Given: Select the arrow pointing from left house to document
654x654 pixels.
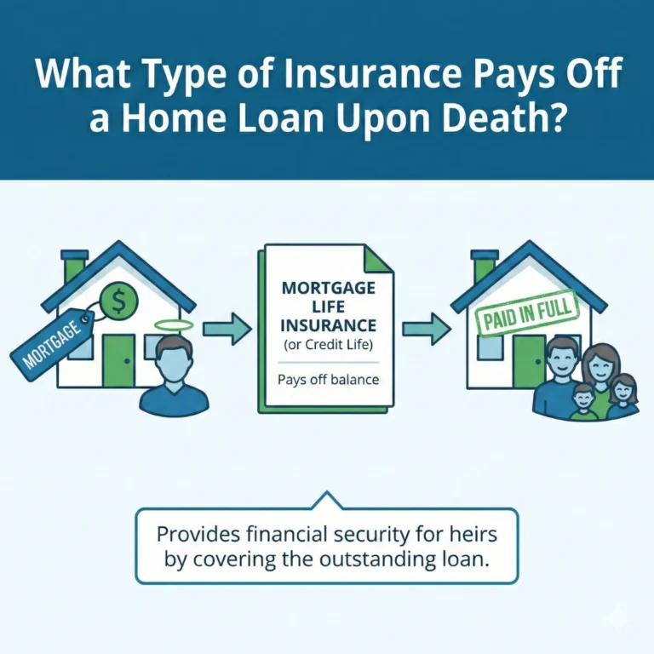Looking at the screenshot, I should point(227,326).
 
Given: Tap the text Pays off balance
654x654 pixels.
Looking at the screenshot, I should point(327,379).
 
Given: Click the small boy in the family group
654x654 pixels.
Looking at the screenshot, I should point(582,399).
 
